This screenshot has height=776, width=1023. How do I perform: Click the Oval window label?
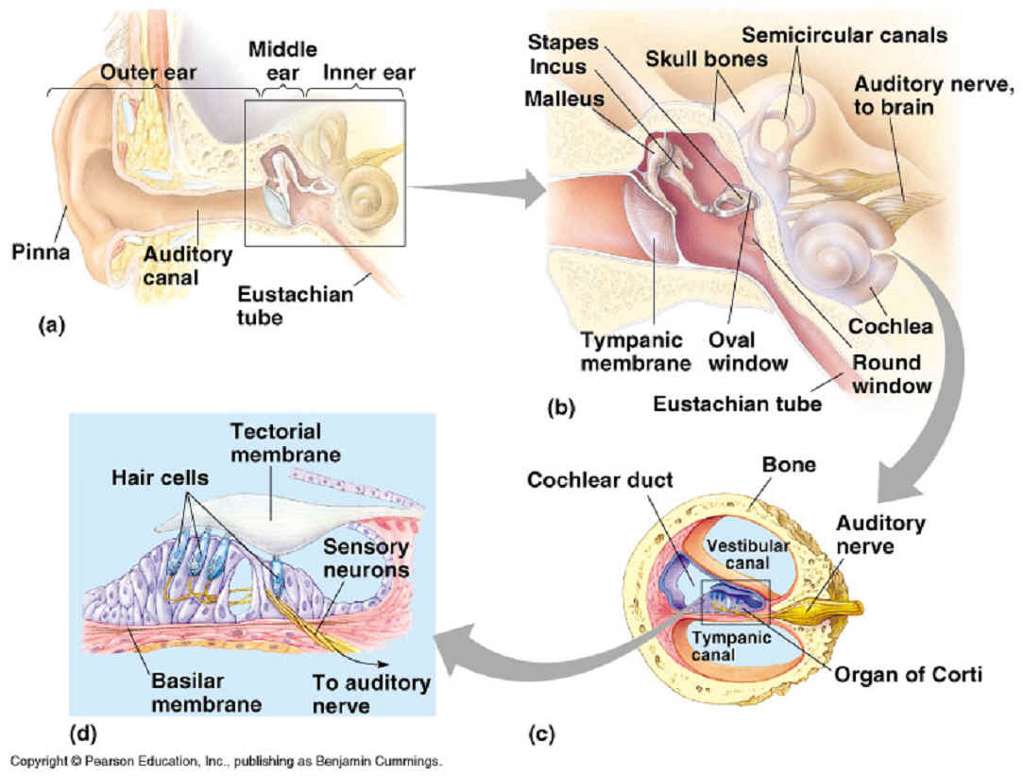[x=747, y=351]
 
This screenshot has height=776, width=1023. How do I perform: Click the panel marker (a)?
[x=50, y=326]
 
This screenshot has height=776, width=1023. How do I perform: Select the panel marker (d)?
[x=83, y=732]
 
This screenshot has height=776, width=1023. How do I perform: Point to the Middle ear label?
[x=282, y=59]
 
